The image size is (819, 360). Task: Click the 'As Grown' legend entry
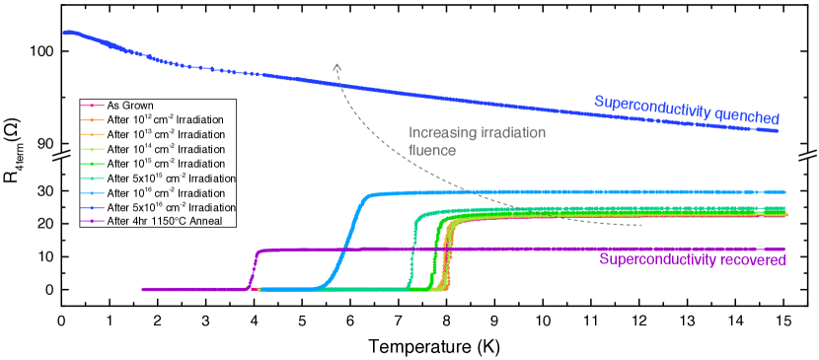pos(129,106)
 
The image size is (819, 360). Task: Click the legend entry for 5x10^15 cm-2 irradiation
pos(171,179)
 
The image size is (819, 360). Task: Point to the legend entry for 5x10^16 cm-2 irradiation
pos(171,207)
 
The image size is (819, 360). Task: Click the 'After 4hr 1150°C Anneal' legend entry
pos(171,221)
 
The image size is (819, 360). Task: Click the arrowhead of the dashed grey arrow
pos(337,66)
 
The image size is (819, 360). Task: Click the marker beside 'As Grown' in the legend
pos(92,106)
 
